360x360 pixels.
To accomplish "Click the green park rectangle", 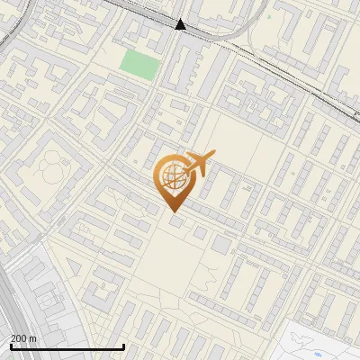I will pos(138,65).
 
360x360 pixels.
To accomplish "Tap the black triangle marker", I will pos(180,24).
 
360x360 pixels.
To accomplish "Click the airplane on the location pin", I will pos(199,165).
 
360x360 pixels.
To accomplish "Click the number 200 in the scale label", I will pos(19,337).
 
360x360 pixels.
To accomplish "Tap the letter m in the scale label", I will pos(34,337).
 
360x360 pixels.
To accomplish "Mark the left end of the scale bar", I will pos(10,346).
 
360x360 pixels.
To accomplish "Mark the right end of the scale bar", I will pos(123,346).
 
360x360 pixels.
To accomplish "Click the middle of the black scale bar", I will pos(67,346).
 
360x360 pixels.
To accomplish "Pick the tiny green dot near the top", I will pos(268,16).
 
